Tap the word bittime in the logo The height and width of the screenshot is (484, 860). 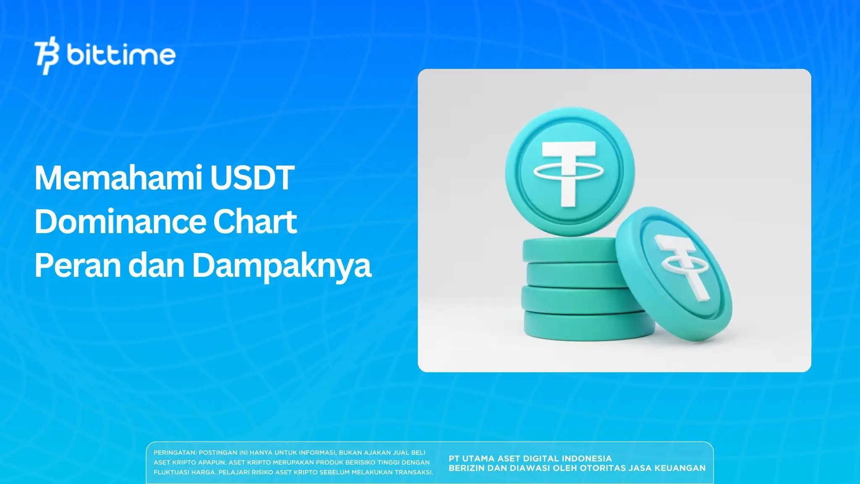[121, 55]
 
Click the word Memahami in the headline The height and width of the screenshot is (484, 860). [117, 178]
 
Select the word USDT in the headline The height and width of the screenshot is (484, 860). [252, 178]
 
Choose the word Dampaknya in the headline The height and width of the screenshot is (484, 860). [282, 266]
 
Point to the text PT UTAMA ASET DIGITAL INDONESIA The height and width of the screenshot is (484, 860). [530, 458]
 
